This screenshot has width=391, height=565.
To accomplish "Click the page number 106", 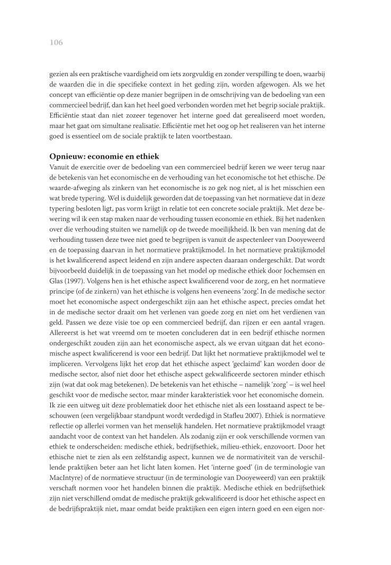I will (56, 43).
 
